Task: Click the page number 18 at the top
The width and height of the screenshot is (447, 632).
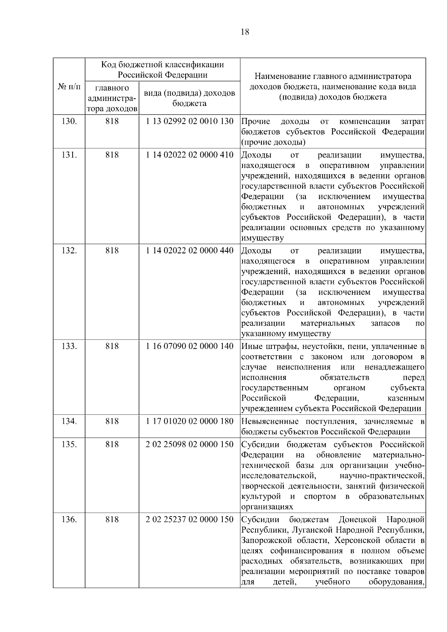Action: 245,32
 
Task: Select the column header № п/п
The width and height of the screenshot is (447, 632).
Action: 69,87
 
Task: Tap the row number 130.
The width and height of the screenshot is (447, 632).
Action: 69,121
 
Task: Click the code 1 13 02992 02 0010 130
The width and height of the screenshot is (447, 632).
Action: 190,121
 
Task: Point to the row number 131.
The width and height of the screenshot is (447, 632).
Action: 69,155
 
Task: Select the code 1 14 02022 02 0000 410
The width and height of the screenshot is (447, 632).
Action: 190,155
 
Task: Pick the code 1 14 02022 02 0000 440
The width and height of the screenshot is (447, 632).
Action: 190,250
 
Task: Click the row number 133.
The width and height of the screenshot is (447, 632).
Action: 69,346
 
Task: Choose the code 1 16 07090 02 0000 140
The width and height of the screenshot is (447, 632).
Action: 190,346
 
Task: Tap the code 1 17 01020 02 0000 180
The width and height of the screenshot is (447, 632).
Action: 190,421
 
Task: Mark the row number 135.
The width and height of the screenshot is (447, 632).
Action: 69,444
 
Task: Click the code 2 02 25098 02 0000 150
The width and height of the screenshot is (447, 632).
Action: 190,444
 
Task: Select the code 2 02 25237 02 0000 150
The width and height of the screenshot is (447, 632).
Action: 190,519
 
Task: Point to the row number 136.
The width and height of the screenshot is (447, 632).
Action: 69,519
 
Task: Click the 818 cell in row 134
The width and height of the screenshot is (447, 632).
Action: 112,421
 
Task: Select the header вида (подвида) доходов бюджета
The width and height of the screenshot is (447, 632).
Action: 190,98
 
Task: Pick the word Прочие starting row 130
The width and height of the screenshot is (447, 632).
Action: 256,121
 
